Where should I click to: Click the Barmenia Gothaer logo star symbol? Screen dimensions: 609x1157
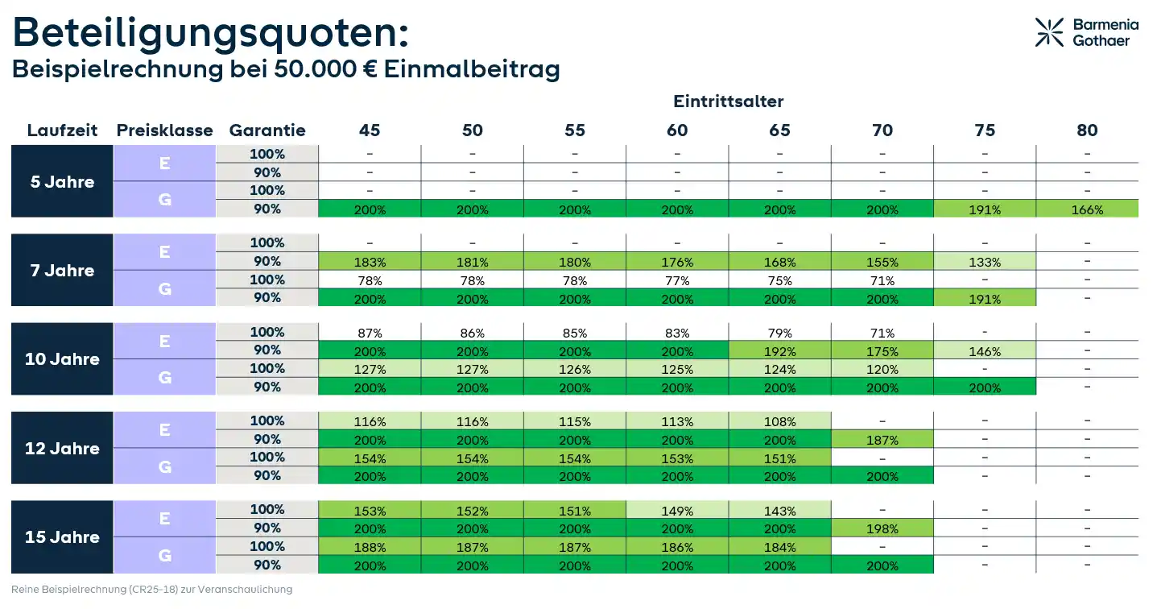pos(1049,32)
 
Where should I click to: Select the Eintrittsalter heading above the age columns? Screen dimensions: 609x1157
pos(728,101)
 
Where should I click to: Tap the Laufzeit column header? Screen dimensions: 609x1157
pos(62,130)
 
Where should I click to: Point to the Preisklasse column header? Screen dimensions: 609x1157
pos(164,130)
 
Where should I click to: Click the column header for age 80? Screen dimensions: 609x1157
pos(1087,130)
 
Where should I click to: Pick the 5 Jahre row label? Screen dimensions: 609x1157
pos(62,182)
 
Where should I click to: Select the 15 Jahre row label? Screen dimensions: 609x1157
pos(62,537)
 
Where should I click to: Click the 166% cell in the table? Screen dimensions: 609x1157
pos(1087,209)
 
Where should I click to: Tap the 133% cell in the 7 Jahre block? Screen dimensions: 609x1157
pos(985,262)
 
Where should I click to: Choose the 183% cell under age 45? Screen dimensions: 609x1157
pos(370,262)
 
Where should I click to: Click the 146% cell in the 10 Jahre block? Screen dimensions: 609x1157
pos(985,351)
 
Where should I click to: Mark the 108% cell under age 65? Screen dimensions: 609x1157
pos(779,421)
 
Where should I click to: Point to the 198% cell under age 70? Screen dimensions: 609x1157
pos(882,528)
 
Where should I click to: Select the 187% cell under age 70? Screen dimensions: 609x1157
pos(882,440)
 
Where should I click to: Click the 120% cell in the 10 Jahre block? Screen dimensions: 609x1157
pos(882,370)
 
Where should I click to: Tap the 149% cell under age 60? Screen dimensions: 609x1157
pos(677,511)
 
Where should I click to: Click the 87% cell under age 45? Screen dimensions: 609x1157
pos(370,333)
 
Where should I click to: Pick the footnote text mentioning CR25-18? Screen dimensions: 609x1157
pos(151,590)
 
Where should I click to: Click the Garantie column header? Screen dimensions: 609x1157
pos(267,130)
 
